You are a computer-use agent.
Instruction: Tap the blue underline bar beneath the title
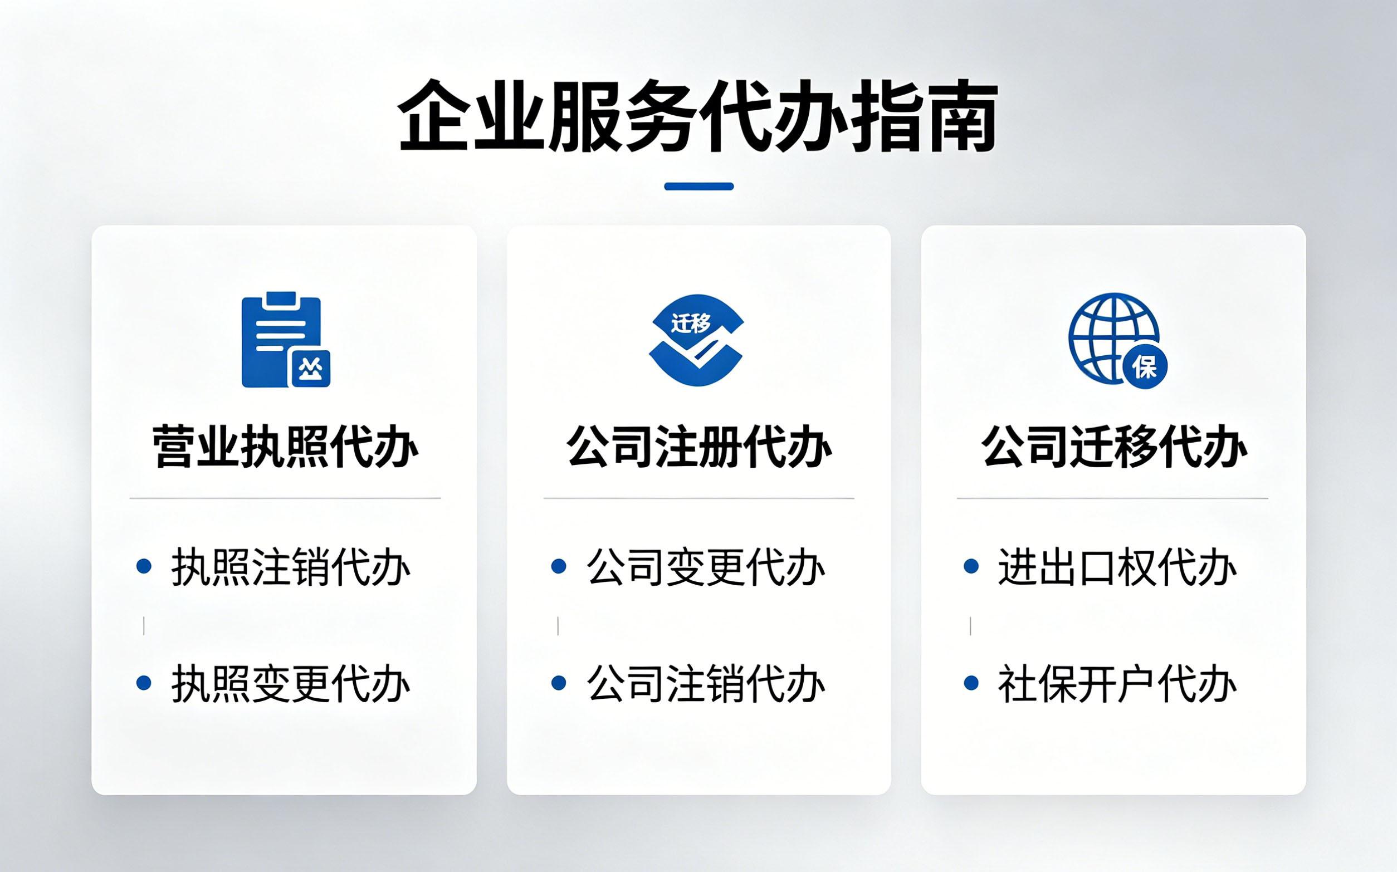698,187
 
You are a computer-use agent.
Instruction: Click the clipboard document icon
286,340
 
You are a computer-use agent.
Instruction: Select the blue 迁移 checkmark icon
697,340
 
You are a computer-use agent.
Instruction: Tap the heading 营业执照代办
285,447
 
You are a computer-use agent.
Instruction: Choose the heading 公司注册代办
699,447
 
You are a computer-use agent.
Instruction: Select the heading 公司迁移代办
1113,447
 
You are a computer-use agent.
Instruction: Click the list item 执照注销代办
291,566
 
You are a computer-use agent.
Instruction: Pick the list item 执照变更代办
291,683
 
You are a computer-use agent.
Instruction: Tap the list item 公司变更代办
706,566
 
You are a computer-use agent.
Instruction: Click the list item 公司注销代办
706,683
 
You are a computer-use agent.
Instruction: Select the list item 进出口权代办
1118,566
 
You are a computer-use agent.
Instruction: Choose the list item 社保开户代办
1118,683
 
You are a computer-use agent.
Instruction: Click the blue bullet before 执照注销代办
144,566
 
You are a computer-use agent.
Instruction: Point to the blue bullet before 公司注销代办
558,683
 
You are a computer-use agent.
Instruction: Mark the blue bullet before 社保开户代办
971,683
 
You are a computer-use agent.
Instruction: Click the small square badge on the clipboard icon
310,369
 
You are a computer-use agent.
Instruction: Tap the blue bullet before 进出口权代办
971,566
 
